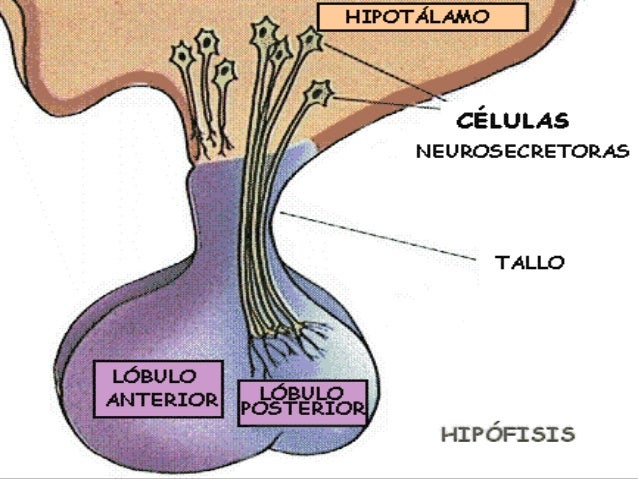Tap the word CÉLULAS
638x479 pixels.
coord(513,122)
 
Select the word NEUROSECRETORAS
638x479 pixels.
coord(521,152)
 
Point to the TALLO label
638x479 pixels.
coord(529,263)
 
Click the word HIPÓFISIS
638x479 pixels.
coord(507,435)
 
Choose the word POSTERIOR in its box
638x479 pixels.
coord(302,408)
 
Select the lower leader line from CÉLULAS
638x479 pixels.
coord(390,102)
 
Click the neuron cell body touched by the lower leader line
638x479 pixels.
coord(319,94)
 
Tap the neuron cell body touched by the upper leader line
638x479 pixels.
coord(311,40)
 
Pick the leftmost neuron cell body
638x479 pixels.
coord(182,55)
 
